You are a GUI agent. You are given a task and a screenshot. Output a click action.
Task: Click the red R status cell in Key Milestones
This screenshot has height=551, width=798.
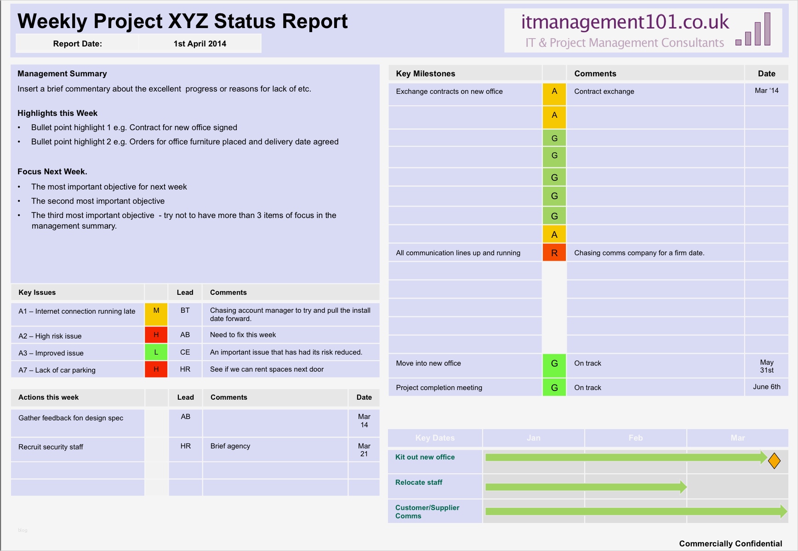(554, 253)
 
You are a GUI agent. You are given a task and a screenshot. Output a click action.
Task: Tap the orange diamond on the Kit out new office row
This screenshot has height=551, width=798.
(774, 460)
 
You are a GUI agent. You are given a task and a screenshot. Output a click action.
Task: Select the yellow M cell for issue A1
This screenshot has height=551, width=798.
(156, 314)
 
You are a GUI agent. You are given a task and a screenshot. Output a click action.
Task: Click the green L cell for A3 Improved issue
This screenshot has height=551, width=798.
(156, 352)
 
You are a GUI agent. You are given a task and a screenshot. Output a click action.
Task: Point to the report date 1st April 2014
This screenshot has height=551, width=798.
(199, 44)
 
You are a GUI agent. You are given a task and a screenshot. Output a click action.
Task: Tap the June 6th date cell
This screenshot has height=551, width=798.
(766, 387)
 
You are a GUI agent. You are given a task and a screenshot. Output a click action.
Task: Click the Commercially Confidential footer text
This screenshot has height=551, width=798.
(730, 543)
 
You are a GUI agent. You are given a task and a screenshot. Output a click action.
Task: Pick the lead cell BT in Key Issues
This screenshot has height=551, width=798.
(185, 311)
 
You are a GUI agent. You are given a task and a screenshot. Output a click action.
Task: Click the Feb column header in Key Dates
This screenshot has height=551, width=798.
(635, 438)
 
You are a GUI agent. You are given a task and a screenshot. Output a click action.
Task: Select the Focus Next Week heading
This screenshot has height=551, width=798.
(52, 172)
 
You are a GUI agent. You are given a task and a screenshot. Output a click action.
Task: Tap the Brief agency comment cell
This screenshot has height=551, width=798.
(230, 446)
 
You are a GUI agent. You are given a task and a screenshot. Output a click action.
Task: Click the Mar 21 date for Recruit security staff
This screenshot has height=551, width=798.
(364, 450)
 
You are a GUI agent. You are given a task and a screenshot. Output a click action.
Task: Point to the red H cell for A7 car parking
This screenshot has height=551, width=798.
(156, 369)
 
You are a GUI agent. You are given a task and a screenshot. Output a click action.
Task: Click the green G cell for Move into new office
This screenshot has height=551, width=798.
(554, 364)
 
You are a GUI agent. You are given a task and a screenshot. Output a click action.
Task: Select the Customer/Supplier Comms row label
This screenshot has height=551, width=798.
(427, 511)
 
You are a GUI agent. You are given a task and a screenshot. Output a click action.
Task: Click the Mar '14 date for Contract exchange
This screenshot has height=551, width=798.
(766, 91)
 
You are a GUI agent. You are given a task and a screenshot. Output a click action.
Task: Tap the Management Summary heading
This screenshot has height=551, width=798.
(62, 74)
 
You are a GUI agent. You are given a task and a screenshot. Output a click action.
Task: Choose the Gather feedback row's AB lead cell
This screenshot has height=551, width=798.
(185, 417)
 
